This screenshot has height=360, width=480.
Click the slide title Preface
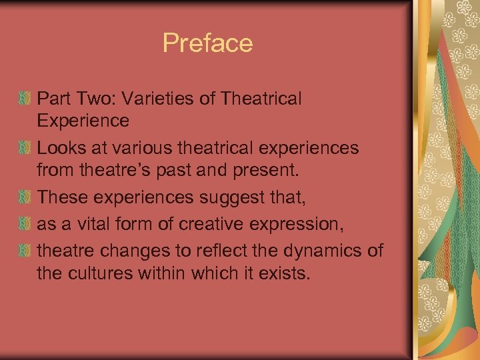coord(207,44)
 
